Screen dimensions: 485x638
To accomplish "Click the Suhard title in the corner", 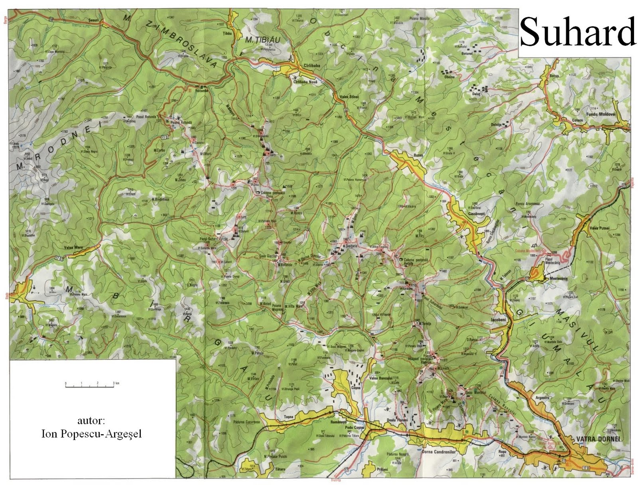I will [x=577, y=32].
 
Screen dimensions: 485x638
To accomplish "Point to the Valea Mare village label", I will [x=73, y=247].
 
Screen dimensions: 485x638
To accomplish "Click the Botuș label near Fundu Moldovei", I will [x=555, y=75].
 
